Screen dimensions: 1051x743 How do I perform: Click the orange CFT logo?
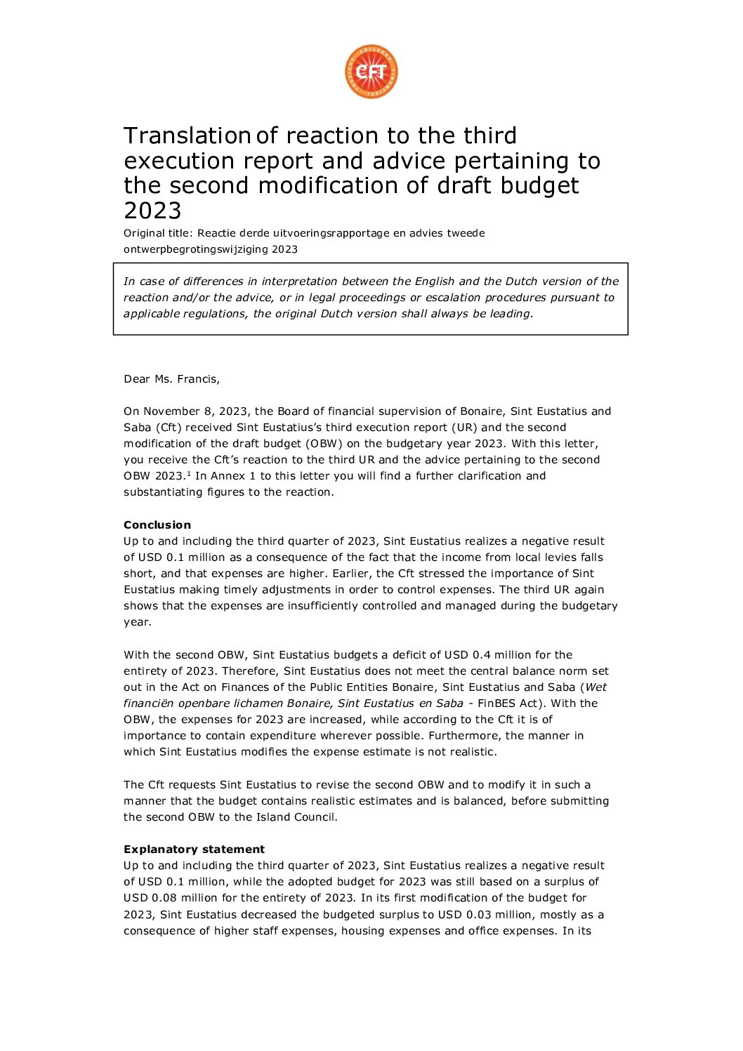point(371,72)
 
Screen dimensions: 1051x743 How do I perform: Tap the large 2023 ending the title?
point(152,211)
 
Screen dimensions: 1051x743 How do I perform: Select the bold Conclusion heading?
point(157,525)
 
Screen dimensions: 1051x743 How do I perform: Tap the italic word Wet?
point(596,687)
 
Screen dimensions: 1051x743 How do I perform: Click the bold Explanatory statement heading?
point(194,850)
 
